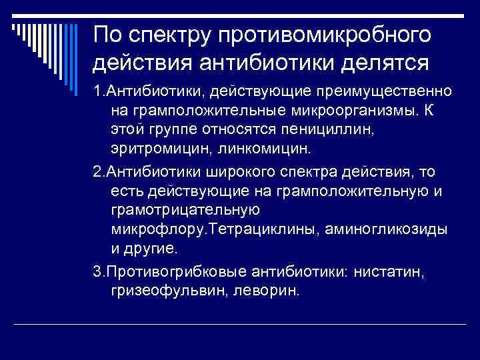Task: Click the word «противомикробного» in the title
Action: point(313,34)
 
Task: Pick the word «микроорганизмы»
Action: point(362,108)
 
